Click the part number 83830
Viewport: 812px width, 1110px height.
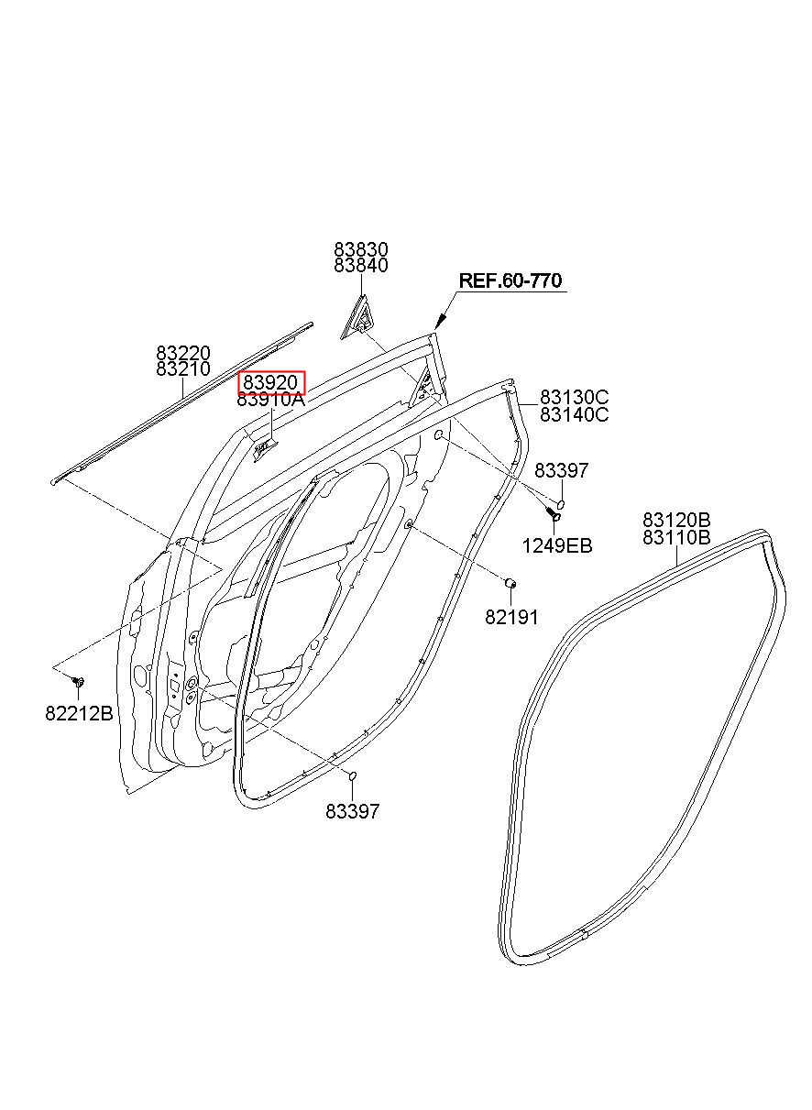click(x=361, y=249)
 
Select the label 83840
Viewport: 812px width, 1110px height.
click(x=361, y=266)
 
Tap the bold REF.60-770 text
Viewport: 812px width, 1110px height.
click(x=510, y=280)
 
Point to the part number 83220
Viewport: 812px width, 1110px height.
click(x=183, y=353)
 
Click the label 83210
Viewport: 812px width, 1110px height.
click(x=183, y=368)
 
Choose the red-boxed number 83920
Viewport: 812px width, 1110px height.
click(x=271, y=382)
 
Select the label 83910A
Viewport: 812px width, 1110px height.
click(x=270, y=400)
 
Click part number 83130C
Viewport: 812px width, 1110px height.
click(x=575, y=398)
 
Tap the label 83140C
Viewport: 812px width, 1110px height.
click(x=575, y=414)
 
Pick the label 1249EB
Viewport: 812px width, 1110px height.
click(x=557, y=546)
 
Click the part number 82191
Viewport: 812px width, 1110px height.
click(x=511, y=618)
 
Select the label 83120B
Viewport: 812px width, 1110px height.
click(x=676, y=521)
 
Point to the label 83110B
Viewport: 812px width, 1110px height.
click(x=676, y=537)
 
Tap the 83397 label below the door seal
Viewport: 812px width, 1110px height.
click(x=352, y=812)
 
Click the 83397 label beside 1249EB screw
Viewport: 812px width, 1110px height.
click(x=561, y=470)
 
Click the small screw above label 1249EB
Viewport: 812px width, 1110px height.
click(x=553, y=513)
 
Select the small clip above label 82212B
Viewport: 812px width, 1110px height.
click(x=78, y=681)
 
